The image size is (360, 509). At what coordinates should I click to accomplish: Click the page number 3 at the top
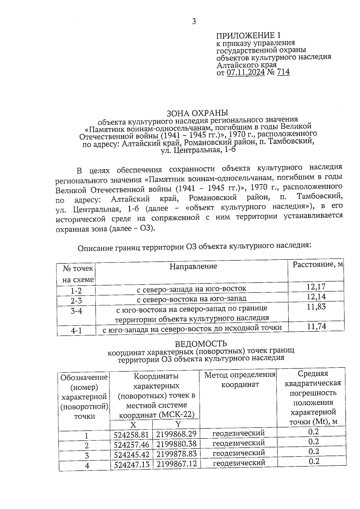pyautogui.click(x=194, y=22)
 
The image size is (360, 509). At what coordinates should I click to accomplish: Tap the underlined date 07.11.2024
pyautogui.click(x=245, y=72)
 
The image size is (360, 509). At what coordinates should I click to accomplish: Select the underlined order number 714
pyautogui.click(x=283, y=72)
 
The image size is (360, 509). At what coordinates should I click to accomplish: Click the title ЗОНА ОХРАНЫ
pyautogui.click(x=197, y=113)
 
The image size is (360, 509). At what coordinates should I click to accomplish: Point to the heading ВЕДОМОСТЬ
pyautogui.click(x=201, y=343)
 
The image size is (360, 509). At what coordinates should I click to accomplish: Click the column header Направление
pyautogui.click(x=193, y=266)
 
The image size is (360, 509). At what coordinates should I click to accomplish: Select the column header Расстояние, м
pyautogui.click(x=318, y=265)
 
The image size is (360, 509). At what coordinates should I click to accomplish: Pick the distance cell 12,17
pyautogui.click(x=316, y=287)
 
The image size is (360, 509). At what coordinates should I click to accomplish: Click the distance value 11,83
pyautogui.click(x=316, y=307)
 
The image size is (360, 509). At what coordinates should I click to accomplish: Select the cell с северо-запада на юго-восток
pyautogui.click(x=191, y=289)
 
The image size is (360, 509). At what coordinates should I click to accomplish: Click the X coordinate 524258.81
pyautogui.click(x=131, y=435)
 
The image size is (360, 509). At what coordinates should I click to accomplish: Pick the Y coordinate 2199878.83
pyautogui.click(x=176, y=454)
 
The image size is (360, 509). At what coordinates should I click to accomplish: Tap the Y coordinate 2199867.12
pyautogui.click(x=176, y=464)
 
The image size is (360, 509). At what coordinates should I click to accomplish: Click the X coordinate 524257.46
pyautogui.click(x=131, y=445)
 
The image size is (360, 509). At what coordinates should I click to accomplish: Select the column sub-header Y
pyautogui.click(x=178, y=424)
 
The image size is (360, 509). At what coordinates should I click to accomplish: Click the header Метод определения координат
pyautogui.click(x=240, y=379)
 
